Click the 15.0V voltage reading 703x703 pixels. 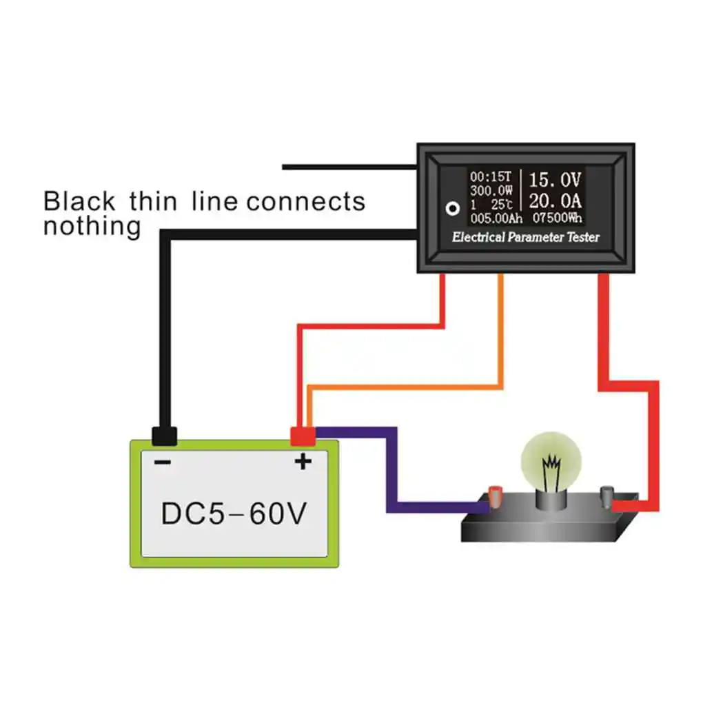point(555,181)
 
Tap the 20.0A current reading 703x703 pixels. point(555,201)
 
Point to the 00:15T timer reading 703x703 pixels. point(491,177)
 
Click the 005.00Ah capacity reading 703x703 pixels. point(496,218)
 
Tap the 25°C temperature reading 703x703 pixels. point(501,205)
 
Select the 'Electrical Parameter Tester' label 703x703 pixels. point(525,238)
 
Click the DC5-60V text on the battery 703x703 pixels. point(234,513)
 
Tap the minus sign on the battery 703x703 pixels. point(163,462)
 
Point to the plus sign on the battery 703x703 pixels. point(303,462)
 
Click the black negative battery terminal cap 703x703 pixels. point(164,436)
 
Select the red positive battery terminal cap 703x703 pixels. point(303,436)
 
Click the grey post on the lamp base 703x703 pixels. point(607,495)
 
